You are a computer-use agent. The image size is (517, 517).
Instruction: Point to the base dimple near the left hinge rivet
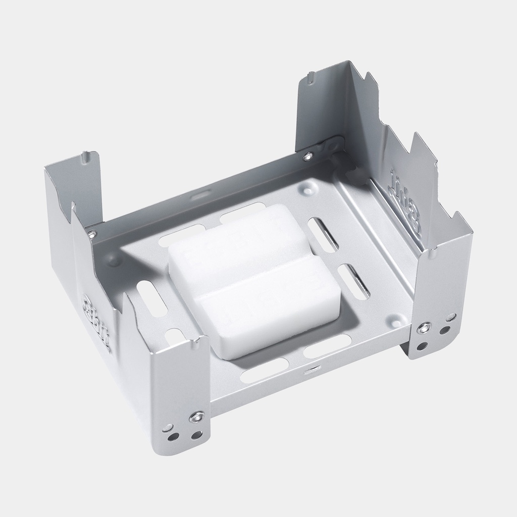[x=115, y=261]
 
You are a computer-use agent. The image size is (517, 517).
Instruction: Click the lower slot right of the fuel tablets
[x=353, y=281]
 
